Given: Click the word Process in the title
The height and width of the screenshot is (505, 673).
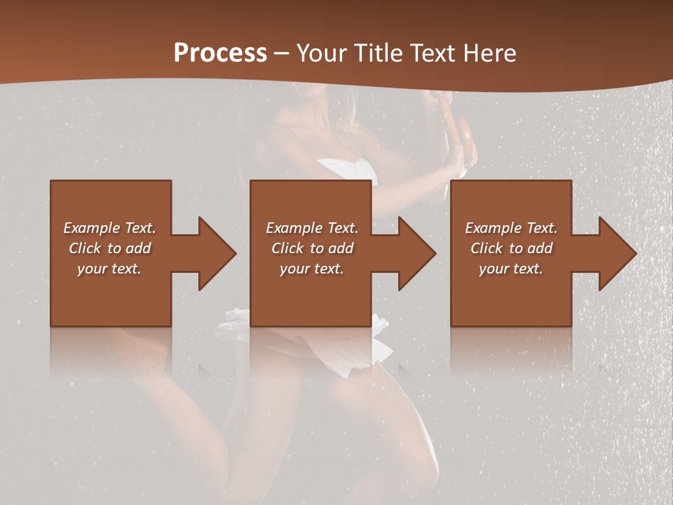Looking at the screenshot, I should tap(220, 53).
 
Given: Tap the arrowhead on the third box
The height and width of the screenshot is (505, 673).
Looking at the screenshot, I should tap(614, 253).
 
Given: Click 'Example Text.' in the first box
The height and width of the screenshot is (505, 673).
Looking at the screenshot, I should tap(109, 228).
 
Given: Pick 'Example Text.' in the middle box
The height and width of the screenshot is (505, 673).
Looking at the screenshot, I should tap(312, 228).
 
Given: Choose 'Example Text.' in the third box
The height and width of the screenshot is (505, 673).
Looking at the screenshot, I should tap(511, 228).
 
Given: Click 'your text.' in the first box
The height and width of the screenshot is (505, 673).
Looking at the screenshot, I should tap(109, 269).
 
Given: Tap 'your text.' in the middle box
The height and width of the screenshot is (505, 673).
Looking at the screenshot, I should tap(312, 269).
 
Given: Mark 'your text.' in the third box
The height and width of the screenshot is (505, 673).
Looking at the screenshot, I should tap(511, 269).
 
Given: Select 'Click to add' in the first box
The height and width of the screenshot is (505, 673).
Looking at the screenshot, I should tap(109, 248).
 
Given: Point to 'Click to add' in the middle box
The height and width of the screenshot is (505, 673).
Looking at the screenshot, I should tap(312, 248).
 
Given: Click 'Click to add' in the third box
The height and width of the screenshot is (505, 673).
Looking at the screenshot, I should tap(511, 248).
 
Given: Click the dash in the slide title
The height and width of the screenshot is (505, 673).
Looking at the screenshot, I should tap(282, 53).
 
